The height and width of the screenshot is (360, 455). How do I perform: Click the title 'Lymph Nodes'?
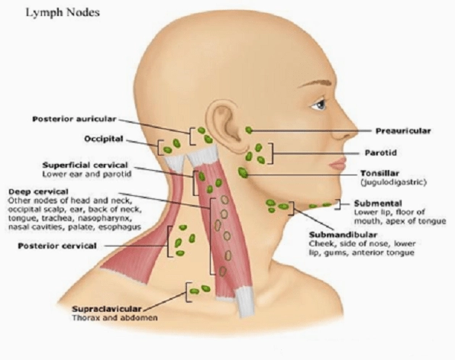tap(63, 13)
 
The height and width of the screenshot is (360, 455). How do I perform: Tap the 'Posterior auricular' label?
tap(74, 119)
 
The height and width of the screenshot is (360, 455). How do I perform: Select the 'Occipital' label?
tap(104, 139)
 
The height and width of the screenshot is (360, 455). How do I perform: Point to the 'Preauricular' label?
tap(403, 131)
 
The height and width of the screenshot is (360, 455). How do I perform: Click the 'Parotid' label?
tap(380, 153)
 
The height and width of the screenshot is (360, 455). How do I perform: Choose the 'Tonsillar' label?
tap(379, 173)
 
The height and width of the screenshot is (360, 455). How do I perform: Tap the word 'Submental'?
tap(378, 203)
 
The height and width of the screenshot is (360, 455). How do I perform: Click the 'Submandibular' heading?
tap(343, 235)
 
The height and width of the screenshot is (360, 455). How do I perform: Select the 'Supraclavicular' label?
tap(106, 309)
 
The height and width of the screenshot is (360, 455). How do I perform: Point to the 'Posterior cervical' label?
tap(57, 246)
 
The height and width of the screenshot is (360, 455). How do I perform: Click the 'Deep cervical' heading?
tap(38, 191)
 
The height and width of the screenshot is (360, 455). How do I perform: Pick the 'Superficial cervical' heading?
tap(85, 166)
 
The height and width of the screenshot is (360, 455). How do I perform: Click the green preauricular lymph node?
tap(249, 130)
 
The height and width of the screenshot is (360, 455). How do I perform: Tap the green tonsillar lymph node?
tap(243, 172)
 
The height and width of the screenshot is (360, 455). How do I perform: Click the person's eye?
tap(320, 104)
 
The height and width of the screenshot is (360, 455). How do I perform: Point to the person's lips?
tap(338, 164)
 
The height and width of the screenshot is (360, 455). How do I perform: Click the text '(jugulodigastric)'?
tap(393, 182)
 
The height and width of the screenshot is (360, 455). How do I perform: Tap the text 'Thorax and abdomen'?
tap(115, 318)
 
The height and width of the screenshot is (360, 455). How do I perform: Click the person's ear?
tap(224, 125)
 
